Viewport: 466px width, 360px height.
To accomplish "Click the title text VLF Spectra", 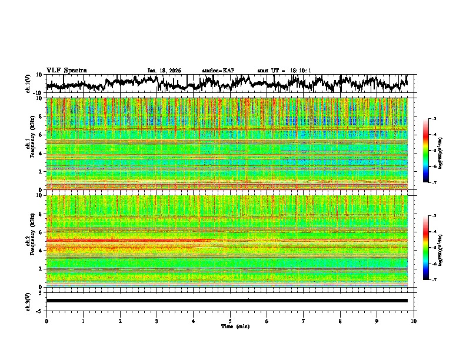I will coord(66,71).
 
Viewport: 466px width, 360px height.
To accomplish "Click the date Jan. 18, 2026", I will coord(164,71).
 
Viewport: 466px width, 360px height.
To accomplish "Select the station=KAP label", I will coord(218,71).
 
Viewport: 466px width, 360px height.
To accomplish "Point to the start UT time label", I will coord(284,71).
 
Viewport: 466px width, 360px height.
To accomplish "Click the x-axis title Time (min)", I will coord(230,326).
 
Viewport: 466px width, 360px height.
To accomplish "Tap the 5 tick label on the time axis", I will coord(230,321).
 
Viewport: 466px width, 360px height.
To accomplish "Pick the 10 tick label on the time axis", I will coord(414,321).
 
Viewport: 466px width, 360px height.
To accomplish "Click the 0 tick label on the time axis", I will coord(46,321).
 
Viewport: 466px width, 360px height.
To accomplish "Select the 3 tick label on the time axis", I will coord(157,321).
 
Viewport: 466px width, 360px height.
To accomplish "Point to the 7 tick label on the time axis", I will coord(304,321).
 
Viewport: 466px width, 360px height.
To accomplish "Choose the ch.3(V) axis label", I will coord(28,301).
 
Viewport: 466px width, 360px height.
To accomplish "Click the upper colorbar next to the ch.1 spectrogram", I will coord(426,151).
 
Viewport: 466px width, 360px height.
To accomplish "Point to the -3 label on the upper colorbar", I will coord(434,119).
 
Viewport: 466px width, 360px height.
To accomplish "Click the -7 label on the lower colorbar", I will coord(434,280).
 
